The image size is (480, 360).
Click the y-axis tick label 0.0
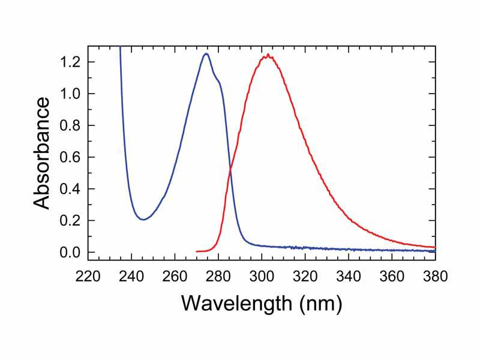[x=70, y=253]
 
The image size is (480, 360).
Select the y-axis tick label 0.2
[x=70, y=221]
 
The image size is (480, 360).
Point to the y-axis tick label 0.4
[x=70, y=189]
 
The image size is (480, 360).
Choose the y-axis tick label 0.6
[x=70, y=157]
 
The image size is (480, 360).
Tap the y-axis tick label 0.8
[x=70, y=125]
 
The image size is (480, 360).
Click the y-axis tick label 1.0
[x=70, y=94]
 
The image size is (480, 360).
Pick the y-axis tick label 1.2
[x=70, y=62]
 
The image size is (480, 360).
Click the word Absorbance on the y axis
[x=41, y=154]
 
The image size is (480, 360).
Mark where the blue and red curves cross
[x=230, y=173]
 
